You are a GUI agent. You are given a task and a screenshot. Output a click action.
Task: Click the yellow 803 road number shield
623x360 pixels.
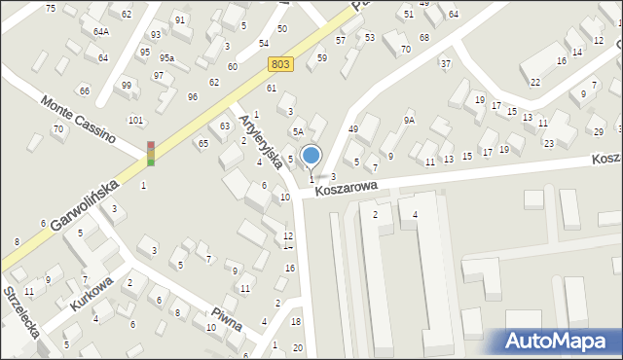280,63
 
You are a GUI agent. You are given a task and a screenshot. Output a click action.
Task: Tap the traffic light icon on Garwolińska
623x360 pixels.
151,154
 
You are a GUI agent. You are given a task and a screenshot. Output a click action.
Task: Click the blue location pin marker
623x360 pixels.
311,156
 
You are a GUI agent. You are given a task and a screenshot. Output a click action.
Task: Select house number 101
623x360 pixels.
135,121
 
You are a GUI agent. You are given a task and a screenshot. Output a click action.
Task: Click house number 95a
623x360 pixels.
166,58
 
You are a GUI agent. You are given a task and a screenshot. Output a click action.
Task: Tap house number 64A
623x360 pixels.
101,32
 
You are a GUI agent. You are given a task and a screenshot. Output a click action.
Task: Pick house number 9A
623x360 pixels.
410,121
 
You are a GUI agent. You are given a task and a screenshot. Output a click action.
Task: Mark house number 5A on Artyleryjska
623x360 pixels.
298,131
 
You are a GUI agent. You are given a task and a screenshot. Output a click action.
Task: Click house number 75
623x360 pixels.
51,8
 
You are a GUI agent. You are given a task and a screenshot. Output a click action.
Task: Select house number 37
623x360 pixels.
446,64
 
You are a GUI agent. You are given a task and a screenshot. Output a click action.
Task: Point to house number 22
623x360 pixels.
535,83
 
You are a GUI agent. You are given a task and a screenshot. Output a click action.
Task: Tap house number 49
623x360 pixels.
353,129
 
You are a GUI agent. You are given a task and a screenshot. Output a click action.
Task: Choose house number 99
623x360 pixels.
127,86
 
